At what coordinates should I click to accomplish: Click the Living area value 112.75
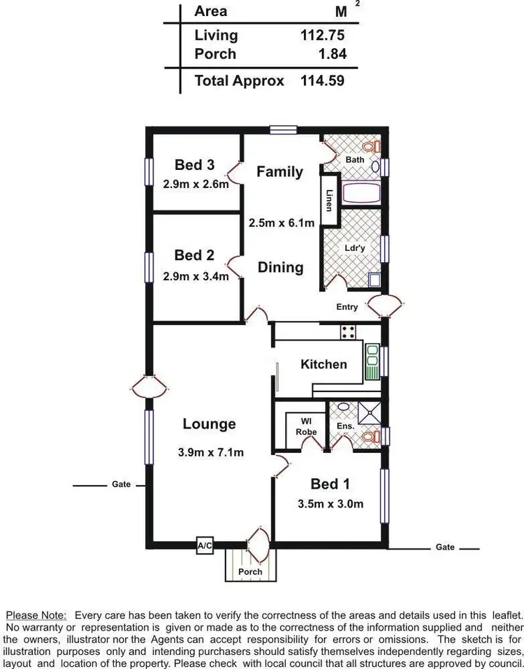click(x=322, y=36)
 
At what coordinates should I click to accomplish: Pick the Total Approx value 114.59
click(x=322, y=80)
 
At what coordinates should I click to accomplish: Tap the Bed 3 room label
click(x=194, y=165)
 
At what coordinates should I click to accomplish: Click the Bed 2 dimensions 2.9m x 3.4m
click(x=196, y=276)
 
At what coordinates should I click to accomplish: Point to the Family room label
click(x=279, y=171)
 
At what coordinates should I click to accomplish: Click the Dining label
click(x=280, y=267)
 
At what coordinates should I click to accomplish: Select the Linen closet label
click(x=329, y=199)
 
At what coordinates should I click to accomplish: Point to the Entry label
click(x=347, y=307)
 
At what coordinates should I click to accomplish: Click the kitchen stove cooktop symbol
click(x=348, y=333)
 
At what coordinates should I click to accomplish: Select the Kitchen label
click(x=323, y=364)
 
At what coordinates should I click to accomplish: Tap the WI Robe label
click(x=306, y=426)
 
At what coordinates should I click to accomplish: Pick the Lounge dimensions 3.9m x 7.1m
click(x=210, y=452)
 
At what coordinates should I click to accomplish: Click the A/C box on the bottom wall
click(x=205, y=546)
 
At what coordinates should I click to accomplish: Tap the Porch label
click(x=250, y=572)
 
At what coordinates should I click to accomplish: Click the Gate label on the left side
click(x=121, y=484)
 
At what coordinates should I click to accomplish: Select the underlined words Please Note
click(x=36, y=615)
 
